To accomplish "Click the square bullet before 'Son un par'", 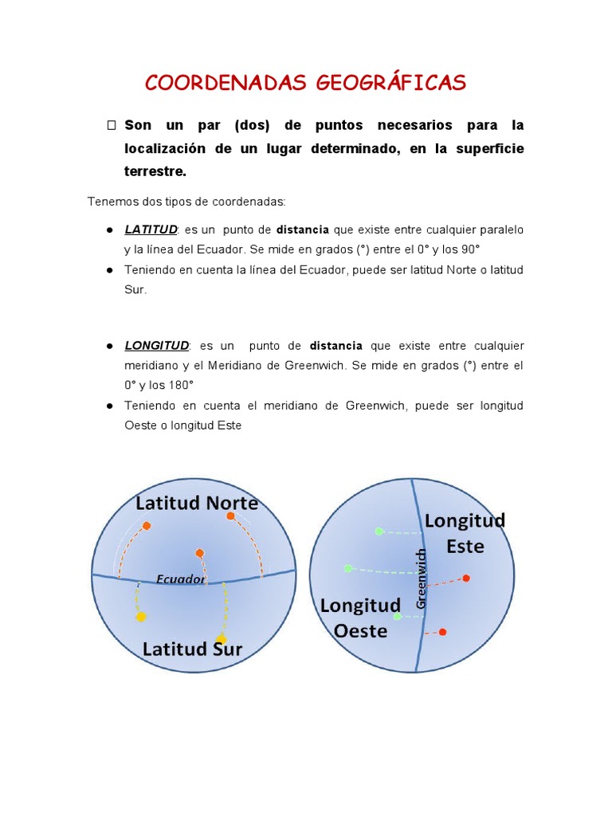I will [112, 126].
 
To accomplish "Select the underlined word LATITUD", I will [151, 229].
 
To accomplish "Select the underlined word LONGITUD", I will [156, 346].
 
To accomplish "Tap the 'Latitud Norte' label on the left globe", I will [197, 504].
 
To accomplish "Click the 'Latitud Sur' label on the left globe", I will [192, 649].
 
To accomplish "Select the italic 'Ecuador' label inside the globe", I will [180, 579].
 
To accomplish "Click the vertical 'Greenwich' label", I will [422, 579].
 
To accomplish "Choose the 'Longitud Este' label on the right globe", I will [465, 533].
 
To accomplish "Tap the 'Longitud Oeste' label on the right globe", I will [360, 618].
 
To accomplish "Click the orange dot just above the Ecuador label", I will [199, 553].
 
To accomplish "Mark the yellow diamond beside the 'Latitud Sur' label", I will [222, 639].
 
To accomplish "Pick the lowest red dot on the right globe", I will [443, 632].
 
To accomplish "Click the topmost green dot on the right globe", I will [379, 532].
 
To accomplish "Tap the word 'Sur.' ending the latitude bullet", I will [135, 290].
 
